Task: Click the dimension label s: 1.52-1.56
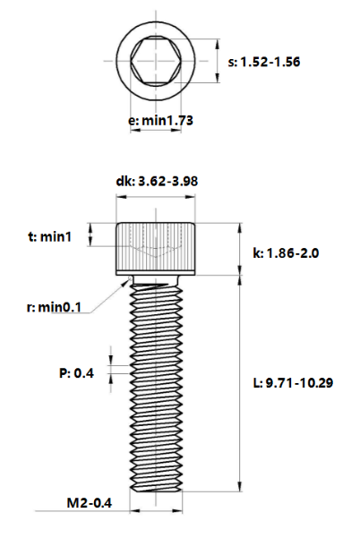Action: tap(263, 63)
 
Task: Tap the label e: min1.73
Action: tap(160, 121)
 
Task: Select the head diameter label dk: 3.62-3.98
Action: tap(157, 182)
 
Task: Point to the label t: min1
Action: tap(49, 236)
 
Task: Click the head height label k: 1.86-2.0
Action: tap(286, 253)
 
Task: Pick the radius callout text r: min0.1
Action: tap(54, 306)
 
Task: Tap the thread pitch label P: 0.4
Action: tap(76, 373)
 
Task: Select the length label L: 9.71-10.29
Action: tap(293, 383)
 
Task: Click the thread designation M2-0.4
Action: tap(90, 503)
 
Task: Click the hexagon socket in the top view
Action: tap(156, 61)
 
